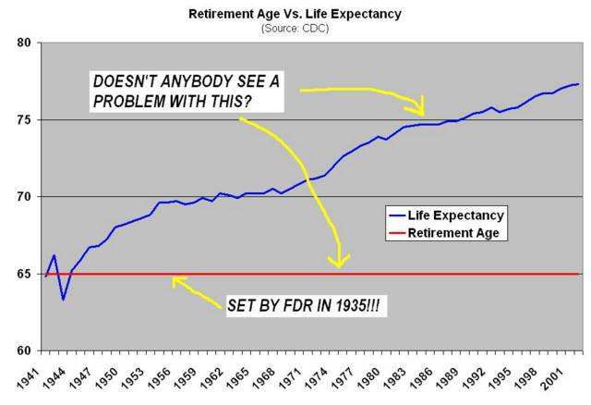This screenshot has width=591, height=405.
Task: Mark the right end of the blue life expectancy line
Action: [579, 84]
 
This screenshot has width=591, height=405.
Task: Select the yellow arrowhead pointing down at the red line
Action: [340, 263]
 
